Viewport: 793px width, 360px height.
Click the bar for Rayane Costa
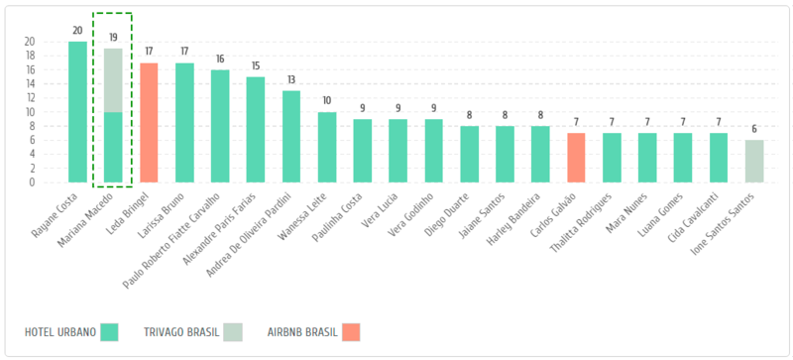coord(77,112)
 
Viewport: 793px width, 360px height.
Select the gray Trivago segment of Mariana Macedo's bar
coord(113,80)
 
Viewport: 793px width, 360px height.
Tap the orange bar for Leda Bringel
coord(149,123)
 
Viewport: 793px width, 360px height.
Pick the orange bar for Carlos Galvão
coord(576,158)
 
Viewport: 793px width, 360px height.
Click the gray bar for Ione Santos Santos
coord(754,161)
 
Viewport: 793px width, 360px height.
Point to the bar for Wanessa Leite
coord(327,147)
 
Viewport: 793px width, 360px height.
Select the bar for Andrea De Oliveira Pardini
coord(291,136)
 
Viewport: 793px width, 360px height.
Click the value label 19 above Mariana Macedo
coord(113,38)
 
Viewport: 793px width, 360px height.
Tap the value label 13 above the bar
coord(291,80)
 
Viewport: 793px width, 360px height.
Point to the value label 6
coord(754,129)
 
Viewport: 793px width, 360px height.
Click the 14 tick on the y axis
coord(30,84)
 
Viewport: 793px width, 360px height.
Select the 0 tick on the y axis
coord(33,182)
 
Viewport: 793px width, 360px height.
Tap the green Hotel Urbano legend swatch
coord(109,332)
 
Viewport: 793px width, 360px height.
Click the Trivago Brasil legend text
coord(181,332)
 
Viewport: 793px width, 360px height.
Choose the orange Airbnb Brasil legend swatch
coord(351,332)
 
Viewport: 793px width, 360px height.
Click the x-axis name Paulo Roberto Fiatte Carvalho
coord(172,240)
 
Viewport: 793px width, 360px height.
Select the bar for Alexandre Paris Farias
coord(256,130)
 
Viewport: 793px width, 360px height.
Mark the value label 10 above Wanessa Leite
coord(327,101)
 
